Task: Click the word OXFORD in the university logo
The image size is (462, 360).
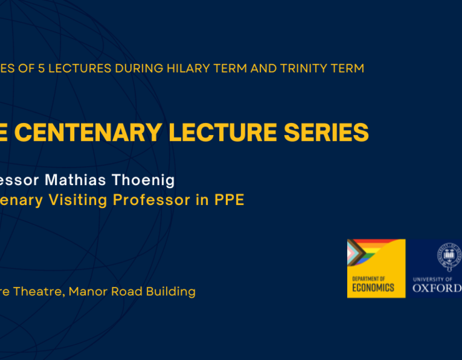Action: pyautogui.click(x=436, y=288)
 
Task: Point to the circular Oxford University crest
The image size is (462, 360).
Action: pyautogui.click(x=448, y=256)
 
